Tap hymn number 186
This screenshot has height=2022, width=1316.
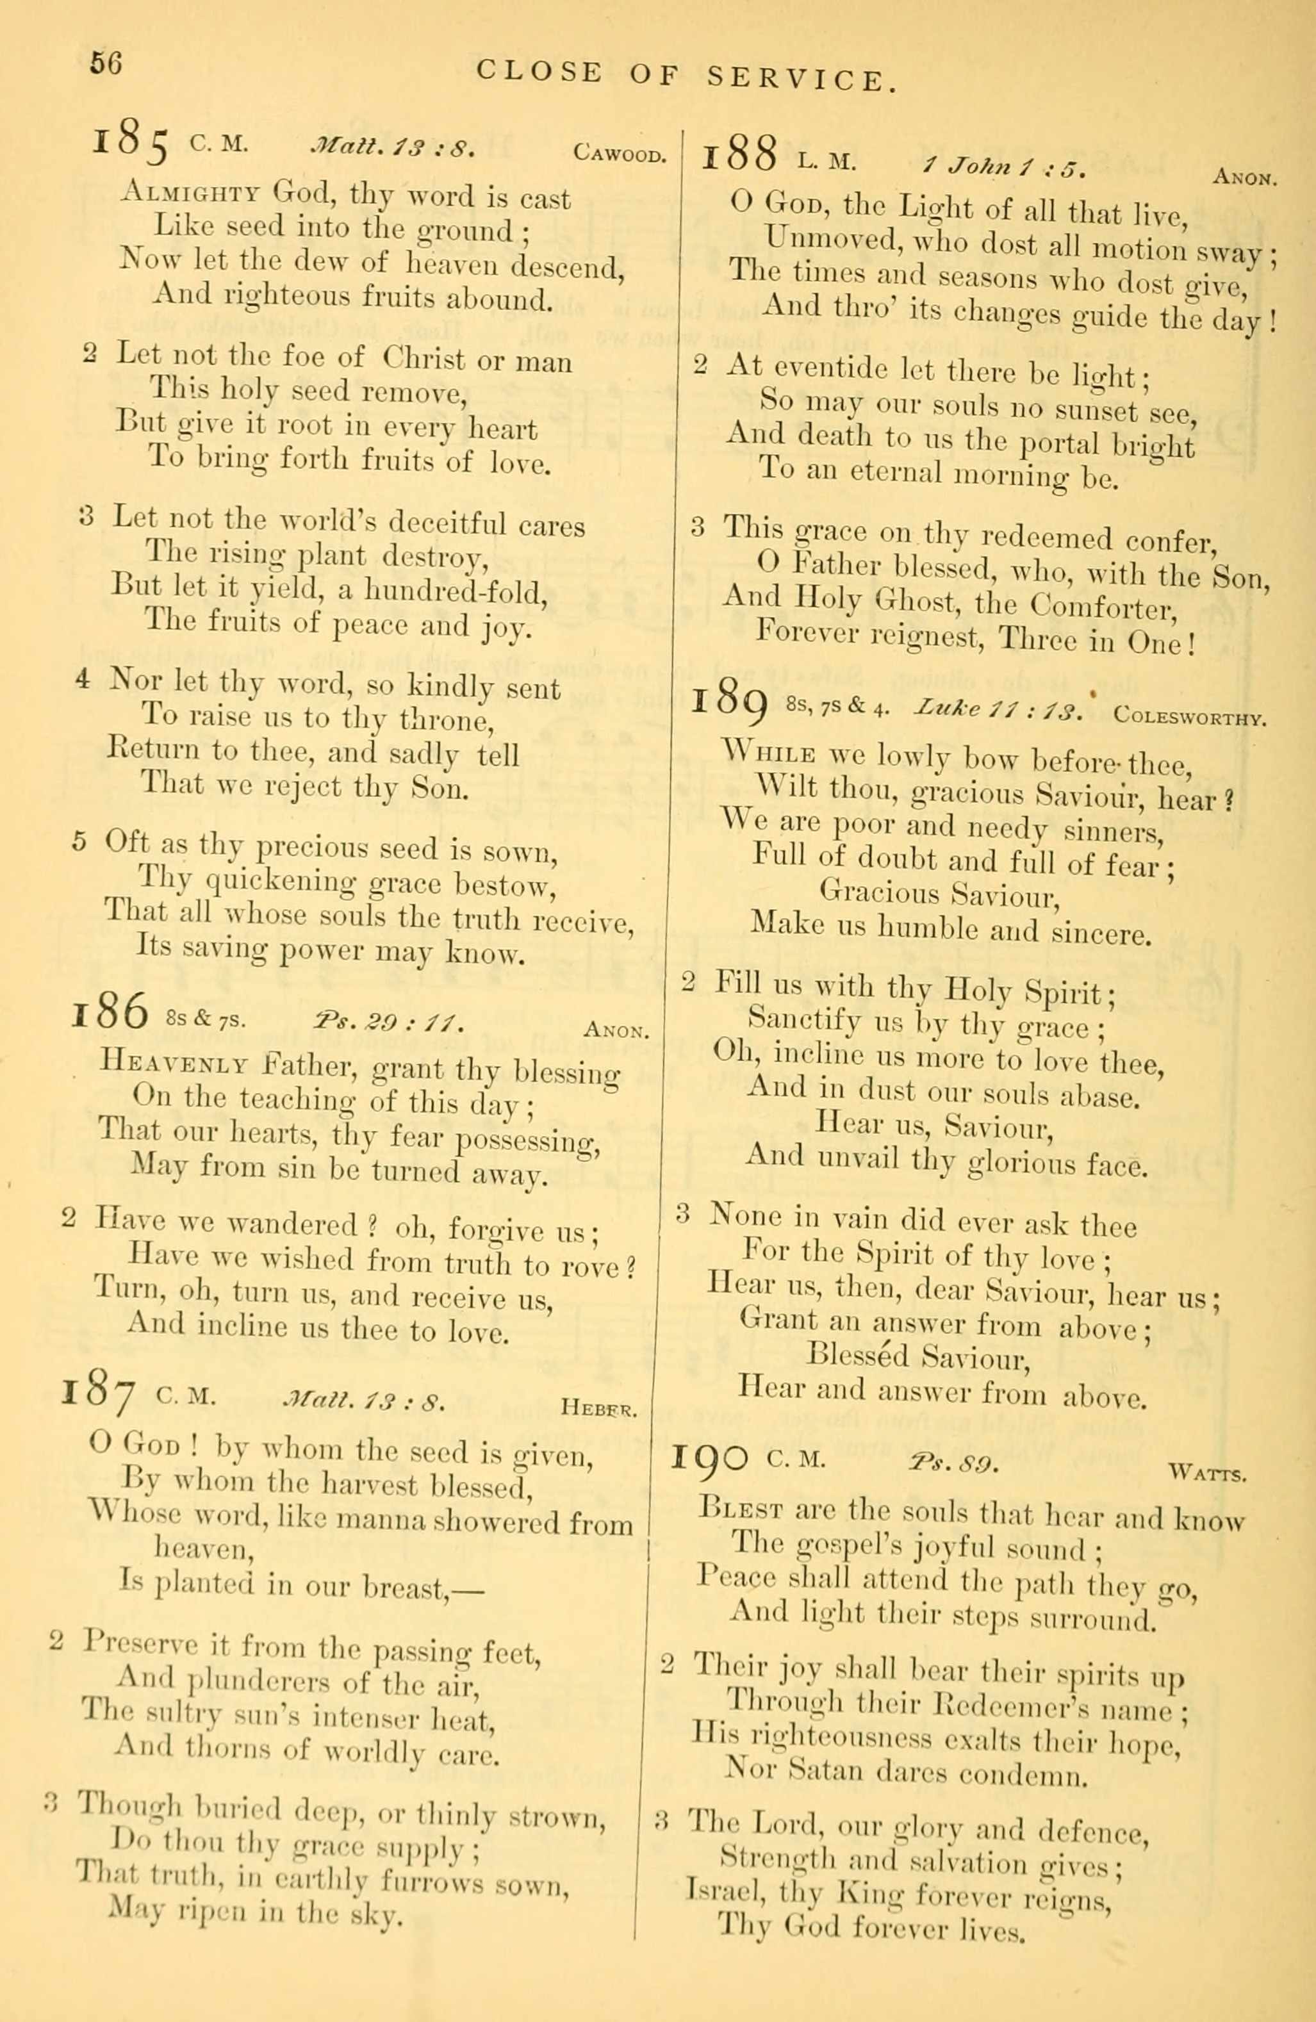(111, 1016)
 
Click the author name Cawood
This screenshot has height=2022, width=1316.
(618, 154)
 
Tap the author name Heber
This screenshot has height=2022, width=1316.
(598, 1408)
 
